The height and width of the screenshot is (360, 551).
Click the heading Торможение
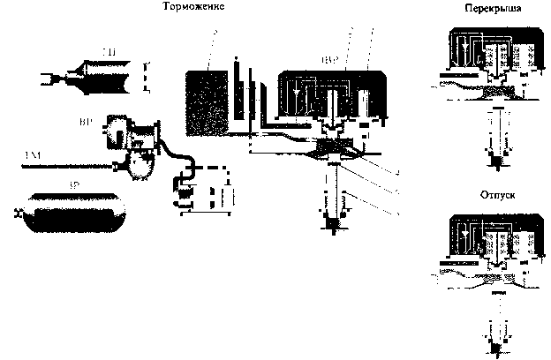pos(192,7)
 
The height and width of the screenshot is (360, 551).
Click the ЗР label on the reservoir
pos(76,187)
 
